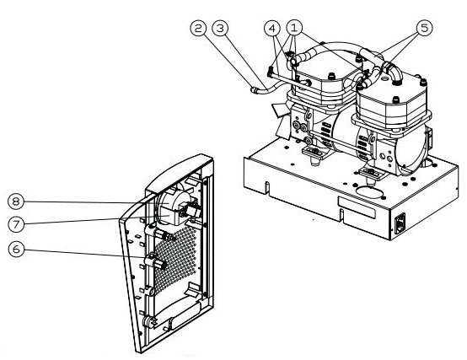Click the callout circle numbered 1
tap(294, 28)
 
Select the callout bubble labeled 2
tap(198, 29)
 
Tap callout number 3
tap(220, 29)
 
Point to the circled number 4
tap(272, 29)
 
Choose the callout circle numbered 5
tap(424, 28)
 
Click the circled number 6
tap(16, 249)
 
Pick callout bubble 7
tap(16, 224)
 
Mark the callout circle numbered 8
tap(16, 201)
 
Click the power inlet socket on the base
tap(400, 223)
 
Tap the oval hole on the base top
tap(369, 193)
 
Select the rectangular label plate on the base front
tap(357, 207)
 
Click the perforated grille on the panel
tap(175, 259)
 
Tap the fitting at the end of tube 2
tap(254, 89)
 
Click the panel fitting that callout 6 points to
tap(154, 261)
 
